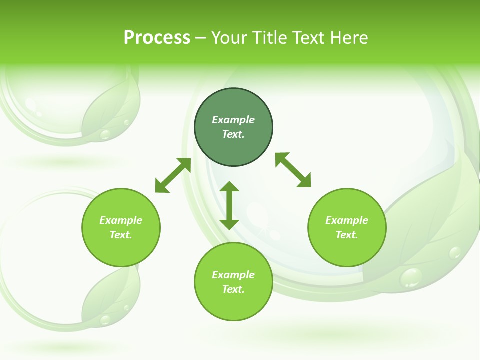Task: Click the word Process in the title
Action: [x=157, y=38]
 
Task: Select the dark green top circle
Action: [x=233, y=127]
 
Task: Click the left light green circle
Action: [x=121, y=227]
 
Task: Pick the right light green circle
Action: [x=347, y=227]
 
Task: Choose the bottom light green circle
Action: [x=233, y=282]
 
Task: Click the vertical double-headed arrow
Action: [x=229, y=205]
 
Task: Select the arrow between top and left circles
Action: [x=173, y=175]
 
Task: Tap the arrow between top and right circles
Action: [x=293, y=170]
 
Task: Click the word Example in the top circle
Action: [x=233, y=120]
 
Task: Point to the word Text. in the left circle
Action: [x=121, y=235]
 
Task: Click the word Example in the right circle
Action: [x=347, y=220]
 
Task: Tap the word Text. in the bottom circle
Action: [x=233, y=289]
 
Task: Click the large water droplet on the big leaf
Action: [x=411, y=277]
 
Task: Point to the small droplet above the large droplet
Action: [x=454, y=252]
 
